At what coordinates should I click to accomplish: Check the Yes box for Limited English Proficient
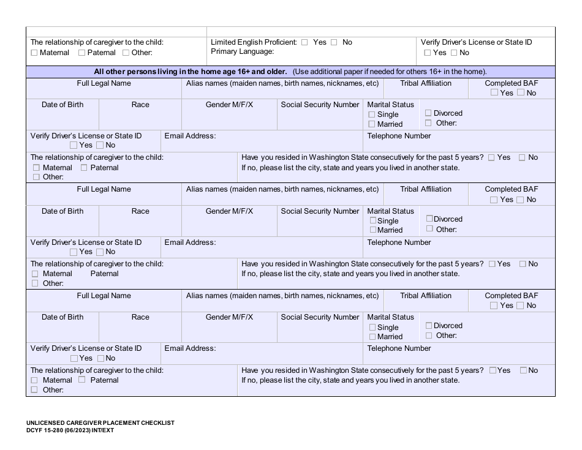tap(304, 42)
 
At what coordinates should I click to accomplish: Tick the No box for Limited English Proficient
tap(334, 42)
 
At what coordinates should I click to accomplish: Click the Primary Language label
tap(242, 51)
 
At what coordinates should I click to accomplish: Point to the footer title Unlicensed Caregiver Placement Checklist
tap(100, 423)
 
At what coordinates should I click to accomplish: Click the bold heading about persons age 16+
tap(190, 72)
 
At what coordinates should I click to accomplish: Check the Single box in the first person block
tap(372, 114)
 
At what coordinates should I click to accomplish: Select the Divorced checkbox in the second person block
tap(429, 219)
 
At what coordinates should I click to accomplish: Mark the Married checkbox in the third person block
tap(372, 337)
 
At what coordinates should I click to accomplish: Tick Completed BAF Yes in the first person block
tap(494, 93)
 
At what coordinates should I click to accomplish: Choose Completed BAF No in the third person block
tap(521, 306)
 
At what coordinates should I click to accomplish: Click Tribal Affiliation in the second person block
tap(426, 189)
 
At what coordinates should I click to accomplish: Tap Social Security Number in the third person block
tap(320, 317)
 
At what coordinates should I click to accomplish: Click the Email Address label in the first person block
tap(190, 136)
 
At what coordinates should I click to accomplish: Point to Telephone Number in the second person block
tap(399, 242)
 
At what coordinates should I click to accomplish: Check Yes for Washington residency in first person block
tap(492, 157)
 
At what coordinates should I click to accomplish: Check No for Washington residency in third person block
tap(523, 370)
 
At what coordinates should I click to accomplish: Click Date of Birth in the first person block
tap(62, 105)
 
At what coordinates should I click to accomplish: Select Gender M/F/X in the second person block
tap(229, 211)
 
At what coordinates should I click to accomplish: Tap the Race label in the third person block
tap(140, 317)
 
